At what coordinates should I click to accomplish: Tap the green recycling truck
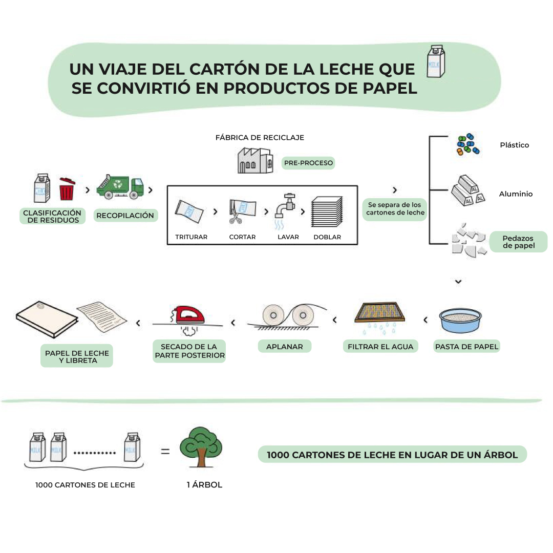tap(121, 187)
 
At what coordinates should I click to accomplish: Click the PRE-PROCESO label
tap(308, 163)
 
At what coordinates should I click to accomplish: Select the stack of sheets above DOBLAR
tap(327, 211)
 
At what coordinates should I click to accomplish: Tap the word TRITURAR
tap(191, 237)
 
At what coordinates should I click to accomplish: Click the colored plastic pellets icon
tap(467, 145)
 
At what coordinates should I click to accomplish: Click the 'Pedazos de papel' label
tap(518, 242)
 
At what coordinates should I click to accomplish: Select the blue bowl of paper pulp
tap(460, 321)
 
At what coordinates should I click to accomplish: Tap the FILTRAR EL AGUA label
tap(380, 347)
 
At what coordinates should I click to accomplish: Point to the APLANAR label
tap(284, 347)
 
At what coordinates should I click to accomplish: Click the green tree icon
tap(201, 446)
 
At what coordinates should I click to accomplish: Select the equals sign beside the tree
tap(165, 452)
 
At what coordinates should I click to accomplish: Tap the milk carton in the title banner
tap(436, 61)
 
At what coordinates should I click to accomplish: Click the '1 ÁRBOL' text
tap(204, 484)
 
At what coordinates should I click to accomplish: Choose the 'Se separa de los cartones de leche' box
tap(395, 209)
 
